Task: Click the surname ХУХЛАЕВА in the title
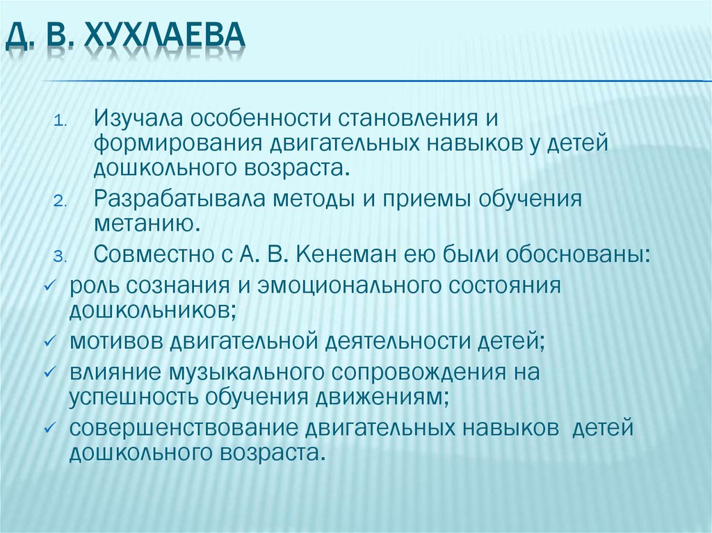click(165, 39)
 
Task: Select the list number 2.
click(60, 202)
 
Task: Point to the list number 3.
click(60, 256)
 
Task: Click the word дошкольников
click(151, 310)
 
